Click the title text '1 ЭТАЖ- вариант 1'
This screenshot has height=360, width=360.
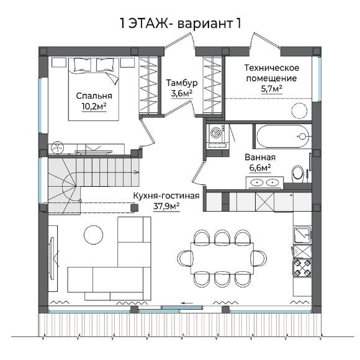[181, 24]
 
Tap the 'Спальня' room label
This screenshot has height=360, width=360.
[94, 96]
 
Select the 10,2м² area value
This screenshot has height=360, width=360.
[94, 107]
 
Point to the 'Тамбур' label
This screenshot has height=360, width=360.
[182, 83]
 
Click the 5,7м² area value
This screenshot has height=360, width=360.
[272, 89]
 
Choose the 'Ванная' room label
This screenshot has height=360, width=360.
[260, 158]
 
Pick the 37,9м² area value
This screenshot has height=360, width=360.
[166, 207]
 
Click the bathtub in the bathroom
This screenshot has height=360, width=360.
[283, 137]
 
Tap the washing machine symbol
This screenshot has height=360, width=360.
[217, 136]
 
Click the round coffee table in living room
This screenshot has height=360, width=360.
[94, 235]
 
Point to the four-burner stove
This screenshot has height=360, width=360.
[302, 268]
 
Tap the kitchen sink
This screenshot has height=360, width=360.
[303, 235]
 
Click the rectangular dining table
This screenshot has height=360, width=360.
[222, 259]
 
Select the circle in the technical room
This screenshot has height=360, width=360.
[299, 110]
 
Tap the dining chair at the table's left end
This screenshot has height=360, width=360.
[186, 258]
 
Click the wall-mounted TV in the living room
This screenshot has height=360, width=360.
[53, 259]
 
